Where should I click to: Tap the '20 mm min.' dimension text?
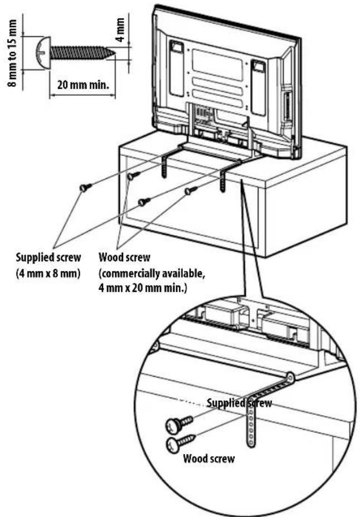pos(82,86)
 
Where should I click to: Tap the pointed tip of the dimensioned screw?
pos(113,53)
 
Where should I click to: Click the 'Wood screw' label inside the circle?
pos(208,459)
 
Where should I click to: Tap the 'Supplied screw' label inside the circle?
pos(239,403)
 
